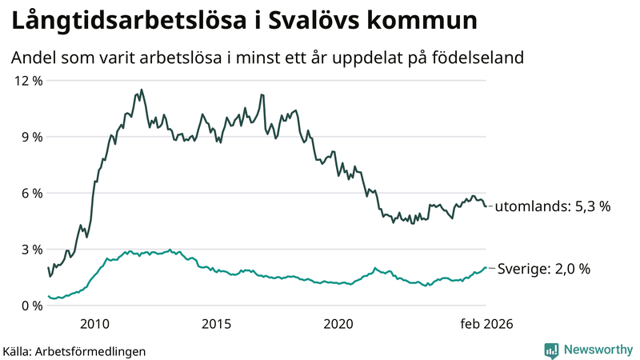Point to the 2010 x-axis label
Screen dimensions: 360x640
coord(94,324)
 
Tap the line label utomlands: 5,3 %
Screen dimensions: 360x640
coord(552,206)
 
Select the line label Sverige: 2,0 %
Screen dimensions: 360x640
coord(544,269)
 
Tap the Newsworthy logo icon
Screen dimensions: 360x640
coord(551,350)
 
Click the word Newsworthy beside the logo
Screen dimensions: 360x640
coord(598,350)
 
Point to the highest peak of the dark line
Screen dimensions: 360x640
coord(142,90)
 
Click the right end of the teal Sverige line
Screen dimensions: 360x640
coord(485,268)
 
